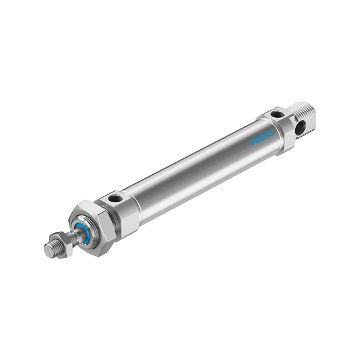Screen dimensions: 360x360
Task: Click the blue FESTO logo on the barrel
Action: pos(262,138)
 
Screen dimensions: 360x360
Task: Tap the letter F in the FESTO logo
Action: pos(253,143)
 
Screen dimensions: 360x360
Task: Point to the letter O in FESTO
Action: pos(271,134)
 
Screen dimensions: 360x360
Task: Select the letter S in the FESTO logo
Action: pos(262,138)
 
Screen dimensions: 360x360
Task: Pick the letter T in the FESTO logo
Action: pos(266,135)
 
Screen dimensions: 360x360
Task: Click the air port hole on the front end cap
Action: pos(115,198)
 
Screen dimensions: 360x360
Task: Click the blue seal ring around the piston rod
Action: pos(84,232)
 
